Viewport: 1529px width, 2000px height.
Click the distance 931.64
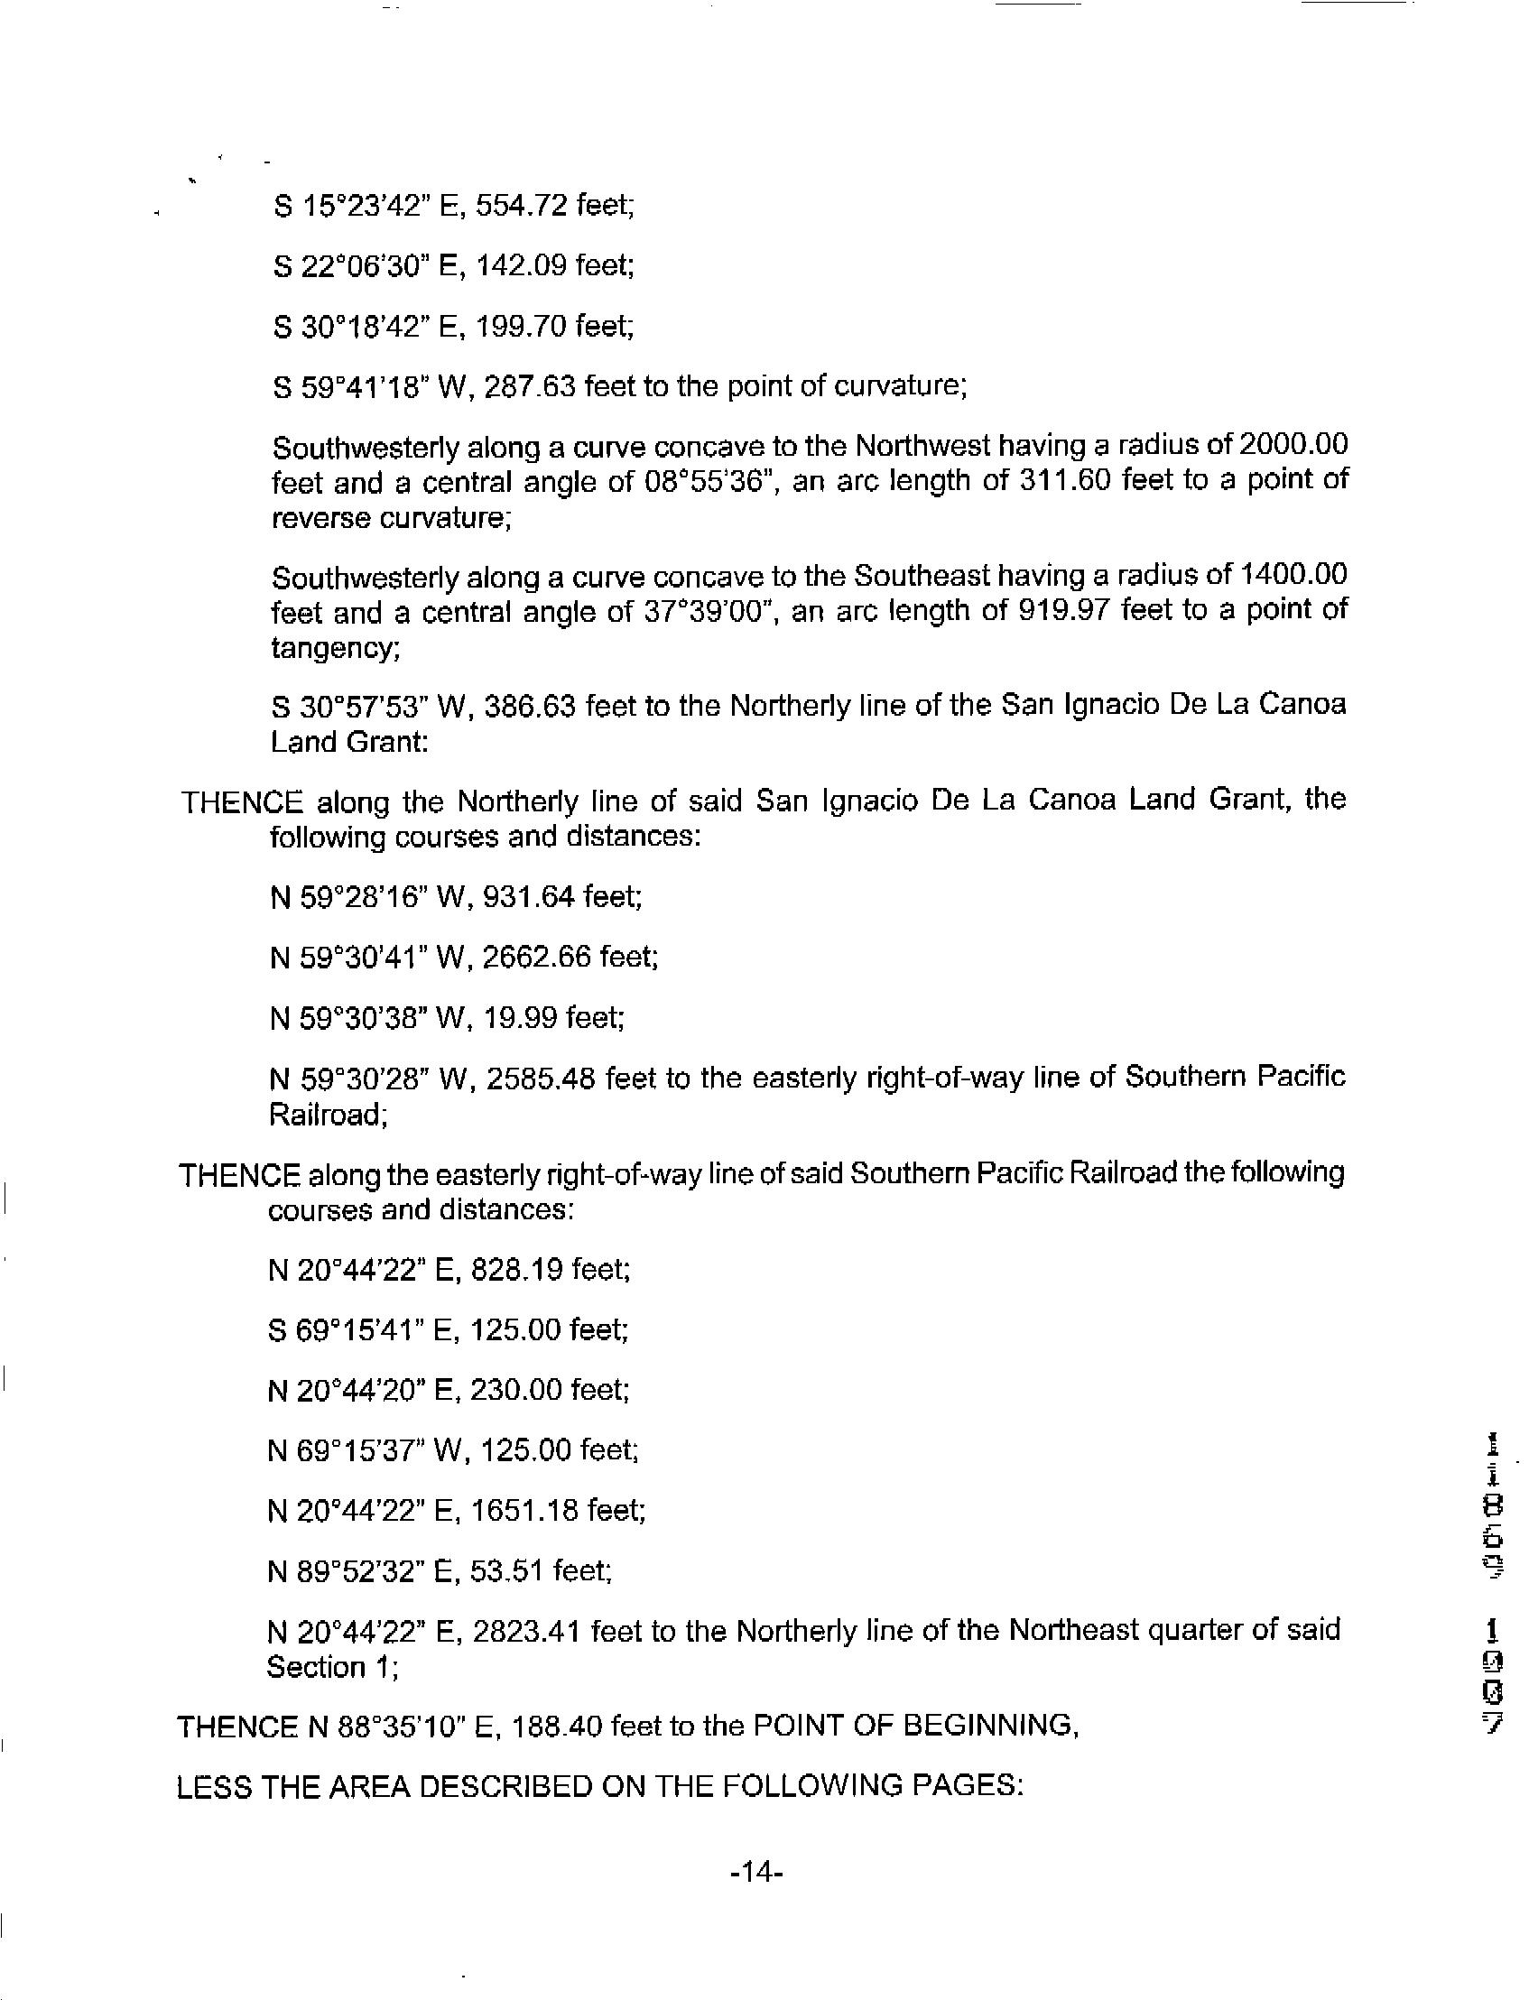(x=529, y=897)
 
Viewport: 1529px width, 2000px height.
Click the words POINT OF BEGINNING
(x=912, y=1725)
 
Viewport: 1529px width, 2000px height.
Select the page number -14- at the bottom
(x=757, y=1872)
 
